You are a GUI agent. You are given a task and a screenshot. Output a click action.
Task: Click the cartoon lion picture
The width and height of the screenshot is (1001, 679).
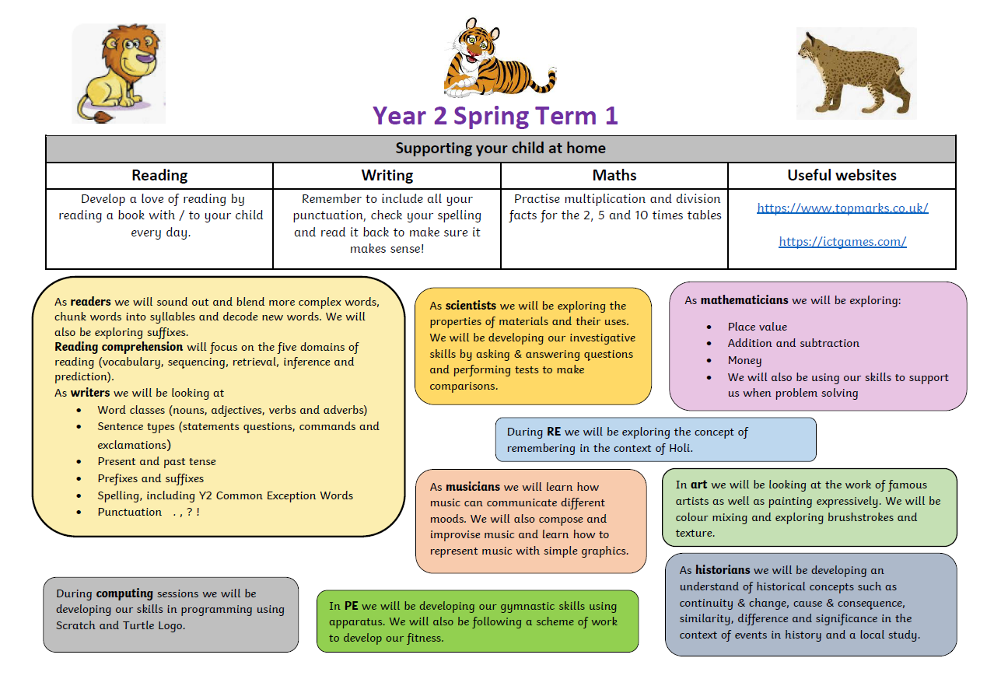119,73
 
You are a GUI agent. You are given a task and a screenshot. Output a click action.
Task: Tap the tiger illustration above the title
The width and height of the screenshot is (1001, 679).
498,59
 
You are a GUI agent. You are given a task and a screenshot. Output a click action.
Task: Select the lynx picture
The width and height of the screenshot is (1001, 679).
856,73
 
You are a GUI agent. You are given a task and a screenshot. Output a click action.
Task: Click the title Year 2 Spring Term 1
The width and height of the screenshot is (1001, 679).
495,116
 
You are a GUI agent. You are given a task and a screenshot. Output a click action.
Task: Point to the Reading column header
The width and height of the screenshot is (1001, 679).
159,175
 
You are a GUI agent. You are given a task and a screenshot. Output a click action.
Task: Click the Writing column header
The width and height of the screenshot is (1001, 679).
387,175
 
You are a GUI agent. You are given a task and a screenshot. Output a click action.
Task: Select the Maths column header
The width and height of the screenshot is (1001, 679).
614,175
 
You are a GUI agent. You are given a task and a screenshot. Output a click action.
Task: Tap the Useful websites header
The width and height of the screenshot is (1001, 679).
842,175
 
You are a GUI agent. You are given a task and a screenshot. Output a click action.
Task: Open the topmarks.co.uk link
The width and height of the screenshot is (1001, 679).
842,208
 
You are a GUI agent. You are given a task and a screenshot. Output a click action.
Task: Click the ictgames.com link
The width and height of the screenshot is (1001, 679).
842,241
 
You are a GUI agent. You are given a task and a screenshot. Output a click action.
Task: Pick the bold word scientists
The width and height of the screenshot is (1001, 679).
470,306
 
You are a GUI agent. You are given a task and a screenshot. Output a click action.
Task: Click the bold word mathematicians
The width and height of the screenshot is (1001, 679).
744,300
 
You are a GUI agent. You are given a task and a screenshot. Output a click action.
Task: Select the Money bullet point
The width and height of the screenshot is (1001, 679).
744,360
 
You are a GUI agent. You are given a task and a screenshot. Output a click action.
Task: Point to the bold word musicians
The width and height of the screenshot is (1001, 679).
473,487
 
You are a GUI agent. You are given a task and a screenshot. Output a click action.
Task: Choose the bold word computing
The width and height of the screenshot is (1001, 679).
124,593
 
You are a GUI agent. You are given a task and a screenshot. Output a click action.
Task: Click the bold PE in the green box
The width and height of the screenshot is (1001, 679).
351,606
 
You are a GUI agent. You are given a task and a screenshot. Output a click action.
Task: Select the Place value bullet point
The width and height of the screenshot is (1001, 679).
757,327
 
